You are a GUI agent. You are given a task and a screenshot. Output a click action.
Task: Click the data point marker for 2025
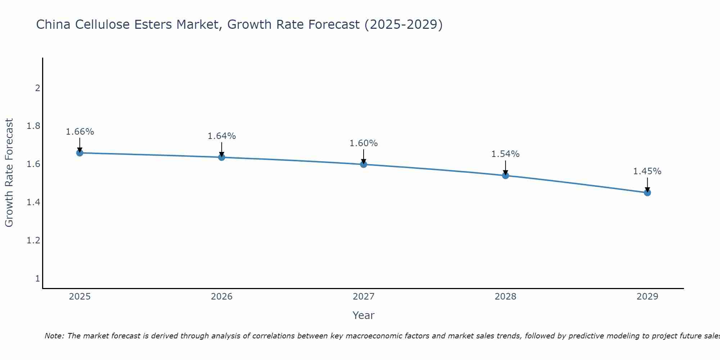[80, 153]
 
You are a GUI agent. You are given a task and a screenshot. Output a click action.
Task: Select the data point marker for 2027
[364, 165]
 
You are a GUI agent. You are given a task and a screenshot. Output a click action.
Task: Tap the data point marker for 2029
[647, 193]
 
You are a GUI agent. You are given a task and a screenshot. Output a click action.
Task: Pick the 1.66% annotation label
[80, 132]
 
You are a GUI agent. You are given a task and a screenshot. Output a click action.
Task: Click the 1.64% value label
[221, 136]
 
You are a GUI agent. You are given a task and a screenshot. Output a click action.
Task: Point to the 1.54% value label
[505, 154]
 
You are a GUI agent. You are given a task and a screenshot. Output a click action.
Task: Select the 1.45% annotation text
[647, 171]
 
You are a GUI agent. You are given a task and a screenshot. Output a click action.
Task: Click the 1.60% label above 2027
[364, 143]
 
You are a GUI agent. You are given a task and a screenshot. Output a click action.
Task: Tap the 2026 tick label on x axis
[221, 297]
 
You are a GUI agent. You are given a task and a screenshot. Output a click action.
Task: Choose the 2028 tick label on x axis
[505, 297]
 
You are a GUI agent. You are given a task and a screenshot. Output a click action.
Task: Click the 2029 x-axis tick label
[647, 297]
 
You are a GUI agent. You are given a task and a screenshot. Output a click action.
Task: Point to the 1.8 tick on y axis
[33, 126]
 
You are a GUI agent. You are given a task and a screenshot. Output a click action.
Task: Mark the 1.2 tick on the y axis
[33, 240]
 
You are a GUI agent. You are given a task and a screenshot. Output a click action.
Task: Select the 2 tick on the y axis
[37, 88]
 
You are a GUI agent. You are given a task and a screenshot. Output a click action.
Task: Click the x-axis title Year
[364, 315]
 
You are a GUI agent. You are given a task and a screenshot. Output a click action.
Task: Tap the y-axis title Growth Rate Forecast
[9, 173]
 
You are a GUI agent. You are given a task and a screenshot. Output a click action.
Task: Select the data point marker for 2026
[221, 157]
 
